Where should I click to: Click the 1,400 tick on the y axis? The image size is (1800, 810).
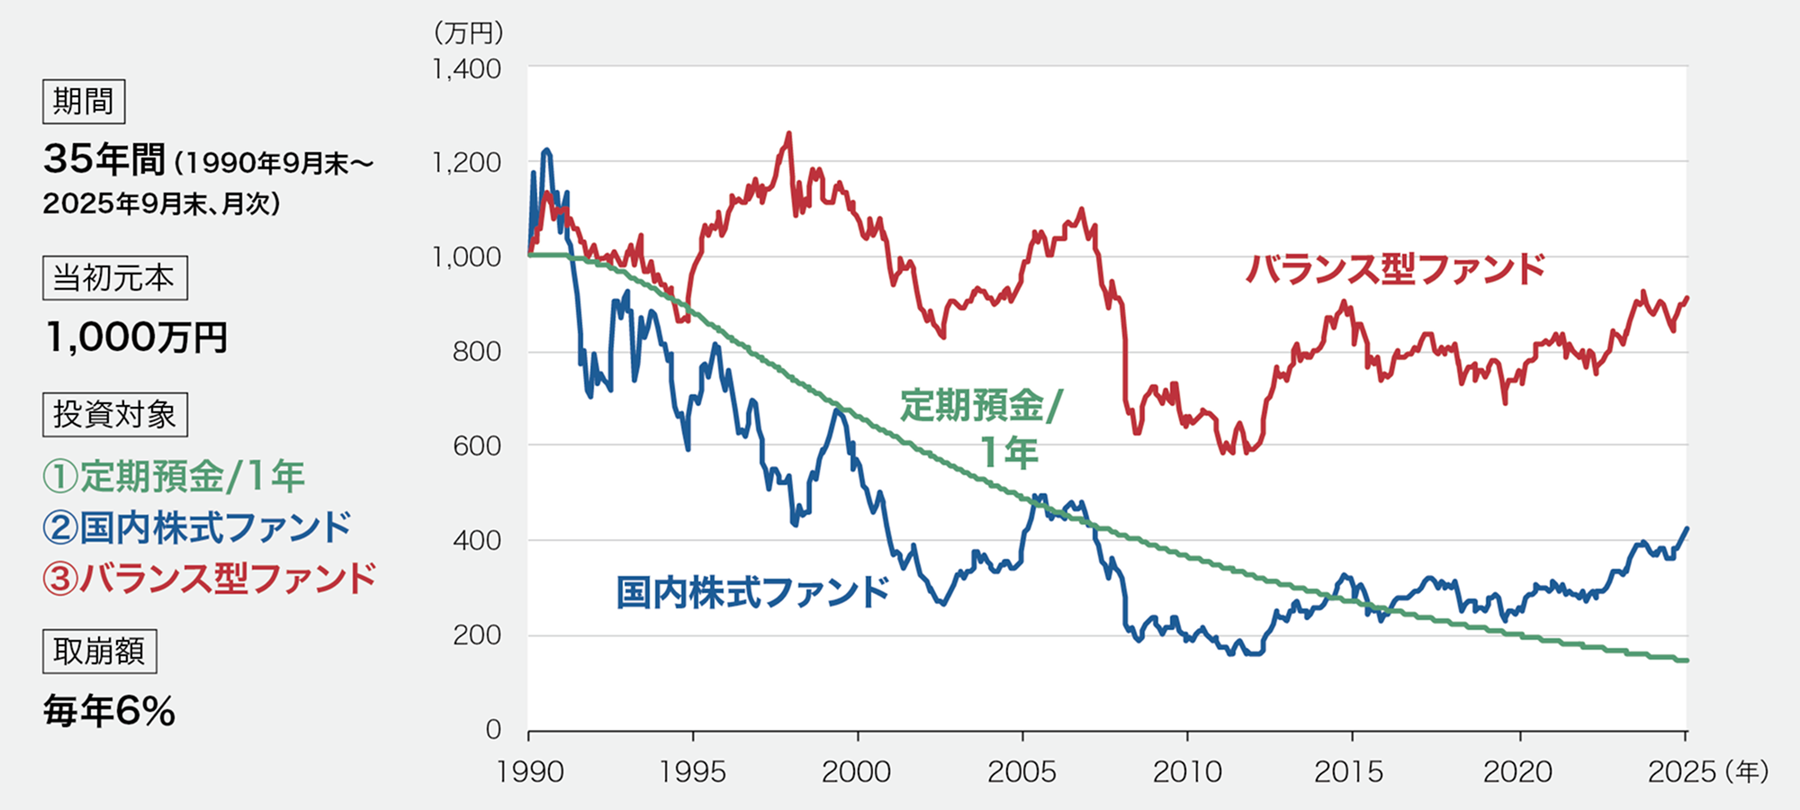pyautogui.click(x=466, y=69)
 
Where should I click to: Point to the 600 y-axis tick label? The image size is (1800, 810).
pyautogui.click(x=476, y=446)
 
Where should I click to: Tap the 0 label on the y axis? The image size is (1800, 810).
pyautogui.click(x=492, y=729)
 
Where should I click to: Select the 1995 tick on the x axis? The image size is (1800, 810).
pyautogui.click(x=692, y=771)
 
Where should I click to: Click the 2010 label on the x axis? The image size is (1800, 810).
pyautogui.click(x=1187, y=771)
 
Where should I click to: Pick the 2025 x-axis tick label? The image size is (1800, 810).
pyautogui.click(x=1681, y=771)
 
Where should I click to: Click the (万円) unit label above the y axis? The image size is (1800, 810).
pyautogui.click(x=468, y=33)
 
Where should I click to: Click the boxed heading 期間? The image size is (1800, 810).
pyautogui.click(x=84, y=101)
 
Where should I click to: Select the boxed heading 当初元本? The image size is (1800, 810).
pyautogui.click(x=114, y=278)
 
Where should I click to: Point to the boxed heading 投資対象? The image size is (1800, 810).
pyautogui.click(x=114, y=415)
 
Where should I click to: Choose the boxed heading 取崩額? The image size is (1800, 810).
pyautogui.click(x=99, y=652)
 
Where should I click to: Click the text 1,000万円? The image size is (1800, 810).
pyautogui.click(x=136, y=337)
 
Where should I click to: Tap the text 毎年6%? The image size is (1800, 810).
pyautogui.click(x=109, y=711)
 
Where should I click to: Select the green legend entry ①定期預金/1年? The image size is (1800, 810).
pyautogui.click(x=174, y=476)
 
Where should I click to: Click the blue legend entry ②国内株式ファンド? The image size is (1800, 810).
pyautogui.click(x=196, y=527)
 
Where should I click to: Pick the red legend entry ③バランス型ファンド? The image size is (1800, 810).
pyautogui.click(x=209, y=579)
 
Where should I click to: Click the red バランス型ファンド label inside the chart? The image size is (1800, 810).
pyautogui.click(x=1395, y=269)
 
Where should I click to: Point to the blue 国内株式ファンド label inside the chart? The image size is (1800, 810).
pyautogui.click(x=752, y=592)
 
